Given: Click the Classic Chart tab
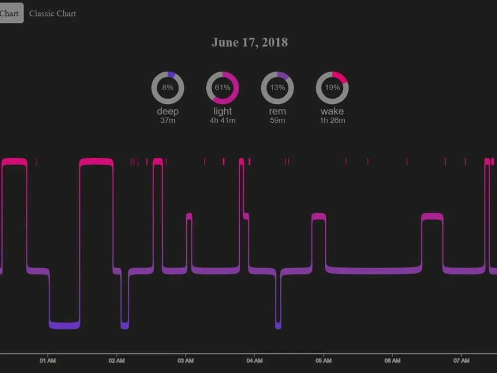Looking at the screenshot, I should (x=52, y=13).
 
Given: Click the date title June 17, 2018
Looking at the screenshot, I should (x=249, y=42).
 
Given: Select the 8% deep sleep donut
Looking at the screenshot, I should (x=167, y=88).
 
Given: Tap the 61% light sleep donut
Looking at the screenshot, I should (x=222, y=88).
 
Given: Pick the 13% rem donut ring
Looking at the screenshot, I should (x=277, y=88).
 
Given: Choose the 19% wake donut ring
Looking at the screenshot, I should (x=332, y=88).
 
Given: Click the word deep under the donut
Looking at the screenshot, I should (x=167, y=111).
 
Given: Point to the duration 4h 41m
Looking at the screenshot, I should (x=222, y=120).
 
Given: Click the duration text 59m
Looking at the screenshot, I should (x=277, y=120).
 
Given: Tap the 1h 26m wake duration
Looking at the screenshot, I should (x=332, y=120).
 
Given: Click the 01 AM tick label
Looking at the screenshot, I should (x=47, y=361).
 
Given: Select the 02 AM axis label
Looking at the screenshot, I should (x=116, y=361).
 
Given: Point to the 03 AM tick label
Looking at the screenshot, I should (x=185, y=361).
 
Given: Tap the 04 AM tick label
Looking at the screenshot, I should (x=254, y=361).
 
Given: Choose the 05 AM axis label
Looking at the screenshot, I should (x=324, y=361).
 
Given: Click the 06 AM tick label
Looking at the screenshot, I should (x=393, y=361).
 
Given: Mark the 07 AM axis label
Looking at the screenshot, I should (x=462, y=361).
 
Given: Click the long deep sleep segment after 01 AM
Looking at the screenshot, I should (x=65, y=325).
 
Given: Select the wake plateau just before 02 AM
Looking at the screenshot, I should (x=96, y=162).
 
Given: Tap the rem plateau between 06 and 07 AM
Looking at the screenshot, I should (x=432, y=216).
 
